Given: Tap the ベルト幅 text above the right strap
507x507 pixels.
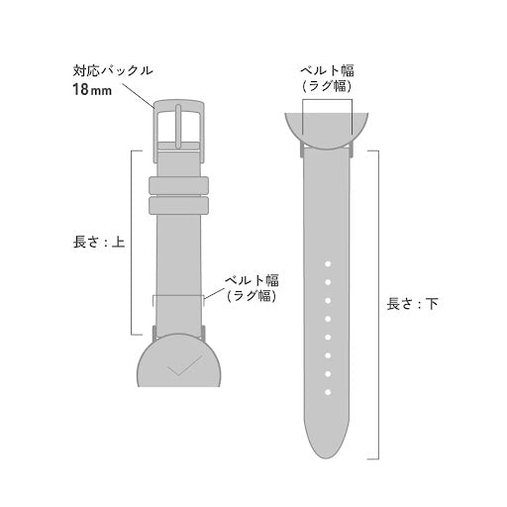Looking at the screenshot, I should [326, 70].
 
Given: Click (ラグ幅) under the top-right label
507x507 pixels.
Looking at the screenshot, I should [326, 86].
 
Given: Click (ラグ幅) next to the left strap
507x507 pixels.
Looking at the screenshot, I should [251, 295].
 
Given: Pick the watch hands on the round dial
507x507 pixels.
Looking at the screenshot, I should [179, 368].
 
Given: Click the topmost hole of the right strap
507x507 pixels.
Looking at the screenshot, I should [326, 263].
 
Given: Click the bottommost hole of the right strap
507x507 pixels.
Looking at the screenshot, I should [326, 372].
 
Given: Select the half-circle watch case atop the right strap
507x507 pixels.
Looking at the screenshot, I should [326, 130].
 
